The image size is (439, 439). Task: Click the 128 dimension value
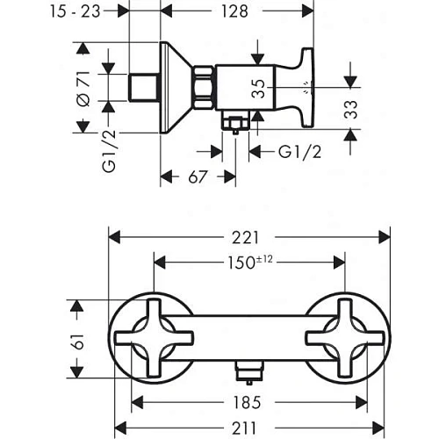234,11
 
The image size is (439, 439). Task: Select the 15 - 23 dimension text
76,11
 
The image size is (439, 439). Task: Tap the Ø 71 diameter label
83,88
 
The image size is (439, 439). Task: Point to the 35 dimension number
258,89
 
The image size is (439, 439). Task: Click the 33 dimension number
350,110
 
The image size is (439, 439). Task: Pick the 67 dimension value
198,176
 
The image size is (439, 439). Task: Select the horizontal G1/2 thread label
299,152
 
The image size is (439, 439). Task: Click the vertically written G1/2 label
109,151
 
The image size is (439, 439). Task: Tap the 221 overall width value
246,238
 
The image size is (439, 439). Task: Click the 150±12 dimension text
250,263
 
